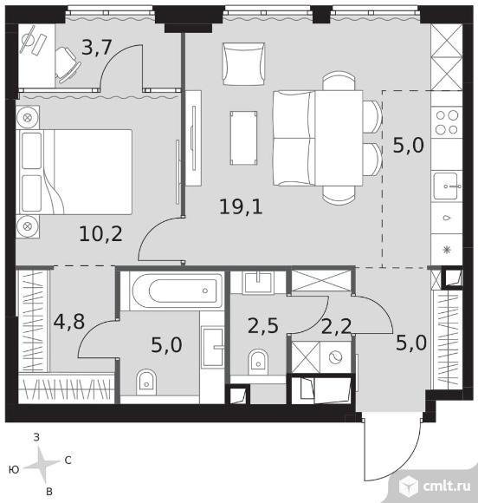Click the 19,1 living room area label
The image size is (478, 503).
pos(241,206)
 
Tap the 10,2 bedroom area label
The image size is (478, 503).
pos(101,233)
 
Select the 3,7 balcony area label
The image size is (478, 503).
pos(96,47)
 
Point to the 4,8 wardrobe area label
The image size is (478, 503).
pos(69,322)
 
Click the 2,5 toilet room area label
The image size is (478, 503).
pos(263,326)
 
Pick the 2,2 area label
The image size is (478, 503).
pos(336,327)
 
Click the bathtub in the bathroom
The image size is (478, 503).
pos(178,291)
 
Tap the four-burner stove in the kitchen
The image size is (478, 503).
pos(447,122)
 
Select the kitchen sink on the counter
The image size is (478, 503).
pos(446,186)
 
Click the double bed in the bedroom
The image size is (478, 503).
pos(74,172)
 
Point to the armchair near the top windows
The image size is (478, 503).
pos(244,64)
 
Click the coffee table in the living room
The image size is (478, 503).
pos(243,138)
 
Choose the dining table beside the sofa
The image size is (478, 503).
pos(339,138)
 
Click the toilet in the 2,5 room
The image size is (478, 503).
pos(258,362)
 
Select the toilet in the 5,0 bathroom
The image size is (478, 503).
pos(146,382)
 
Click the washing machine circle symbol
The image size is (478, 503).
pos(336,356)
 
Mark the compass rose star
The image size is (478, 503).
pos(42,465)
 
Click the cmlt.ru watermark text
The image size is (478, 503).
pos(447,487)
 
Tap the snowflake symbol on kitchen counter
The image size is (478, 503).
pos(447,249)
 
